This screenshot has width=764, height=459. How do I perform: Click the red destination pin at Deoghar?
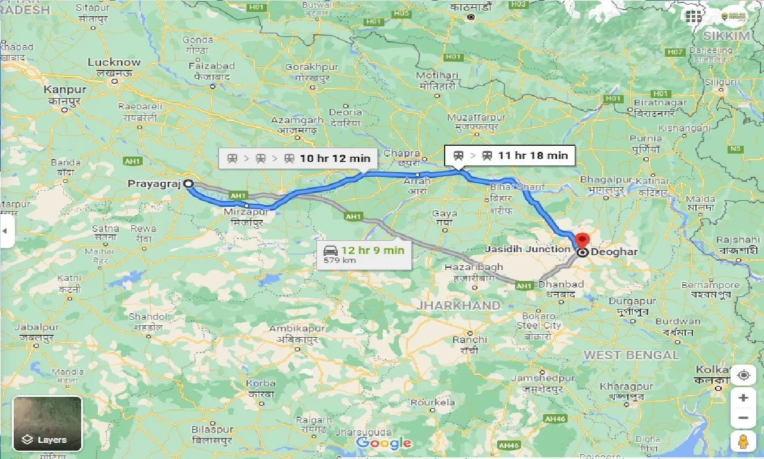click(x=582, y=241)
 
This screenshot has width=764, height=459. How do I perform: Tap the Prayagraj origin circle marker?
click(x=188, y=184)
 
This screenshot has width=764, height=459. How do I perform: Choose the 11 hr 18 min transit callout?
click(x=510, y=155)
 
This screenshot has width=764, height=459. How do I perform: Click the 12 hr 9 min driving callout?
click(x=363, y=254)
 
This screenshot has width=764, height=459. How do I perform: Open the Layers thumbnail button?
click(x=47, y=424)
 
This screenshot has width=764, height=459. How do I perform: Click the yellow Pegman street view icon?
click(x=743, y=442)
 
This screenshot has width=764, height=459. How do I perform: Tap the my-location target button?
click(x=743, y=375)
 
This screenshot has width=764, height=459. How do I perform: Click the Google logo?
click(x=384, y=443)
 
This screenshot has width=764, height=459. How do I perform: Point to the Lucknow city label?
click(x=114, y=62)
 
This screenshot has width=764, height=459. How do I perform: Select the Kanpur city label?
click(x=64, y=90)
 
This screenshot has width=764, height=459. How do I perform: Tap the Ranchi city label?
click(x=470, y=339)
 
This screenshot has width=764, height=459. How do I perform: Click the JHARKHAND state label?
click(x=458, y=305)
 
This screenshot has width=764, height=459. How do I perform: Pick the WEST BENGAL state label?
click(x=631, y=355)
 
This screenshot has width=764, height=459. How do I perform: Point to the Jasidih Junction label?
click(x=528, y=249)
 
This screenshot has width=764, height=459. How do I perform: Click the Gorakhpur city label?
click(x=312, y=67)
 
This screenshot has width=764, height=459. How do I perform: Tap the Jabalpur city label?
click(x=36, y=328)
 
